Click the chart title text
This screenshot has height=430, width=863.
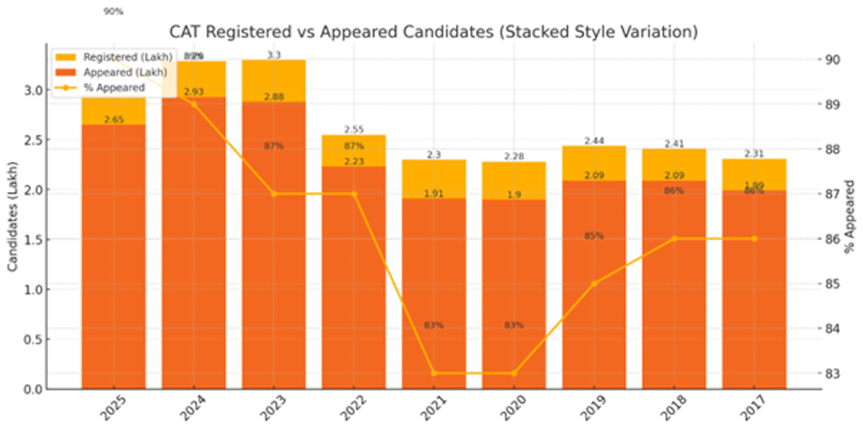click(434, 32)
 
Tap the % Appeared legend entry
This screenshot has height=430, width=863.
click(114, 88)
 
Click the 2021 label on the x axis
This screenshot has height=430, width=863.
click(434, 410)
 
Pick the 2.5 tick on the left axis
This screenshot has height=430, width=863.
click(32, 139)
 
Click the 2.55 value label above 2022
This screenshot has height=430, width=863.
click(354, 129)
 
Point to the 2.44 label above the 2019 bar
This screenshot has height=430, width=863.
click(594, 140)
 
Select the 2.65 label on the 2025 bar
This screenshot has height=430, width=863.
click(114, 119)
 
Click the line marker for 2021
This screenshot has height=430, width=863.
click(434, 373)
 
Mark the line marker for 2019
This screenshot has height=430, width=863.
click(594, 283)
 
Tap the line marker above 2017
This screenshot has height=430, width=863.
click(754, 239)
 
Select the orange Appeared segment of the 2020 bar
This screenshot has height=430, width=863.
click(513, 288)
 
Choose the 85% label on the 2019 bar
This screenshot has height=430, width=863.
click(594, 236)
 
